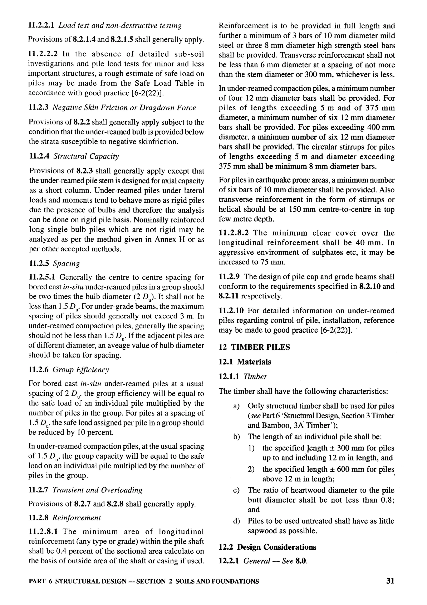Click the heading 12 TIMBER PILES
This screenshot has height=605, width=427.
click(x=254, y=347)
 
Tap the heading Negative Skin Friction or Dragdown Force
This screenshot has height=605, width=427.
click(x=124, y=108)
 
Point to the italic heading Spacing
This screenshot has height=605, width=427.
click(x=66, y=263)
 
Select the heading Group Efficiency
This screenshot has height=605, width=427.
click(x=81, y=370)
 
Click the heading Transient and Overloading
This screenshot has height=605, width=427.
click(x=97, y=490)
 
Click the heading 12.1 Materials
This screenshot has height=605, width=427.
click(x=245, y=362)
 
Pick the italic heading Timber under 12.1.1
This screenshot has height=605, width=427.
click(x=255, y=377)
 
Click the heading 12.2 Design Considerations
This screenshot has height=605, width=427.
click(x=268, y=547)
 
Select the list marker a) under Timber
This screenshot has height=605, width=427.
click(x=236, y=406)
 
